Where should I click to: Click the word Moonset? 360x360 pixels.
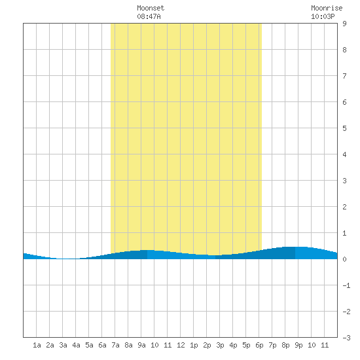tap(151, 8)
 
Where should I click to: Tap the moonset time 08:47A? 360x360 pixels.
tap(149, 16)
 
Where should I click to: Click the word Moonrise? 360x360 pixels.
tap(327, 8)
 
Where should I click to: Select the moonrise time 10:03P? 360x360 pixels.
tap(323, 16)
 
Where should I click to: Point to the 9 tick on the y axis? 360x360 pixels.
tap(344, 24)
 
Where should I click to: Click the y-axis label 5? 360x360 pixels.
tap(344, 128)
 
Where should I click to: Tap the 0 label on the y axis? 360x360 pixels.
tap(344, 259)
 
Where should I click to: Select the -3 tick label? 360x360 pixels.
tap(346, 338)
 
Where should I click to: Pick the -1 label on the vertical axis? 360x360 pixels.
tap(346, 285)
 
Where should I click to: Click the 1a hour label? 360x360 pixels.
tap(37, 345)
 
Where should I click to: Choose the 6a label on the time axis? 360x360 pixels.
tap(102, 345)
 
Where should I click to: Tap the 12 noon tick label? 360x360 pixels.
tap(181, 345)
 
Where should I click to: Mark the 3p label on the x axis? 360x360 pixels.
tap(220, 345)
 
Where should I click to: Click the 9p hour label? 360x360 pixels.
tap(298, 345)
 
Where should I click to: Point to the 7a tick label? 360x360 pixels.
tap(115, 345)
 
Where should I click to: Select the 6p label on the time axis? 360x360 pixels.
tap(259, 345)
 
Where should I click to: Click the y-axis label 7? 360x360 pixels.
tap(344, 76)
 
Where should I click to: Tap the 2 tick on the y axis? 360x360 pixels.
tap(344, 207)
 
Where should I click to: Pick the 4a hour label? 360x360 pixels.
tap(76, 345)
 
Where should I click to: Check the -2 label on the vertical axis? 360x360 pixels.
tap(346, 312)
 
